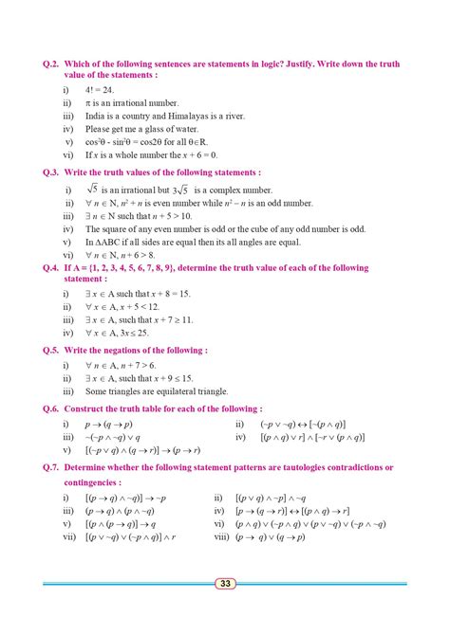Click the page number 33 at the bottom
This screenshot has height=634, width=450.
(x=225, y=584)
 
